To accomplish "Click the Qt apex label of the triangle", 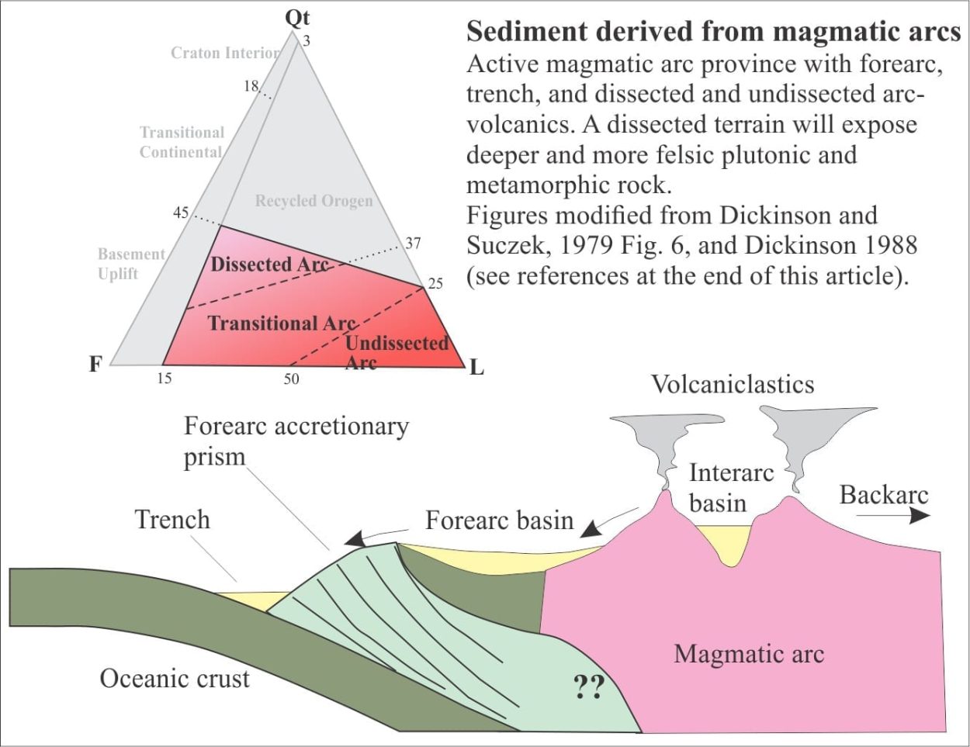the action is (297, 19).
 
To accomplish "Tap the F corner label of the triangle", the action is (95, 365).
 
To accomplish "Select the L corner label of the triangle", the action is (476, 368).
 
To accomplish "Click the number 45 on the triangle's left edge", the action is (181, 213).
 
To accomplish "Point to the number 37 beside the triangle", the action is (413, 244).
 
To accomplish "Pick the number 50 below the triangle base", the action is (291, 379).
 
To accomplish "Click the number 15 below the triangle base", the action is (165, 379).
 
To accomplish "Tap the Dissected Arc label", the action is (269, 265).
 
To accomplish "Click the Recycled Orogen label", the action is (314, 201).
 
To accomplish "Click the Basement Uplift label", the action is (131, 264).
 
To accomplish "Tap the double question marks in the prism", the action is (588, 686).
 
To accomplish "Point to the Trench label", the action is (172, 520).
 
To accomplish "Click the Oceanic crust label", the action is (175, 679).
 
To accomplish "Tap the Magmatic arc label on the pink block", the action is (749, 654).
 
